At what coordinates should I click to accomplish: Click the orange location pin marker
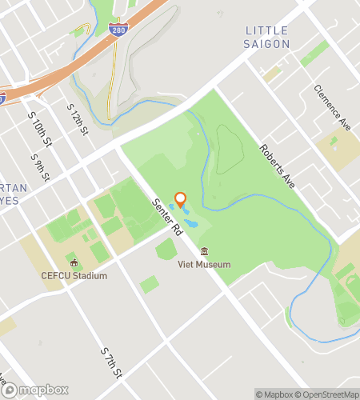coord(180,199)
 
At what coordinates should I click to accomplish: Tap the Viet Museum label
coord(204,265)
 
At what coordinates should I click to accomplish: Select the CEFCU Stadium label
coord(74,276)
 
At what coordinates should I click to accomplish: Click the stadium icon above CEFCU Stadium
coord(74,262)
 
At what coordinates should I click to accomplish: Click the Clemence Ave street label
coord(333,109)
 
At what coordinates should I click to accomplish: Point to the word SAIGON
coord(266,43)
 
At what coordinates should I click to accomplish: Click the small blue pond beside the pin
coord(187,210)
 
